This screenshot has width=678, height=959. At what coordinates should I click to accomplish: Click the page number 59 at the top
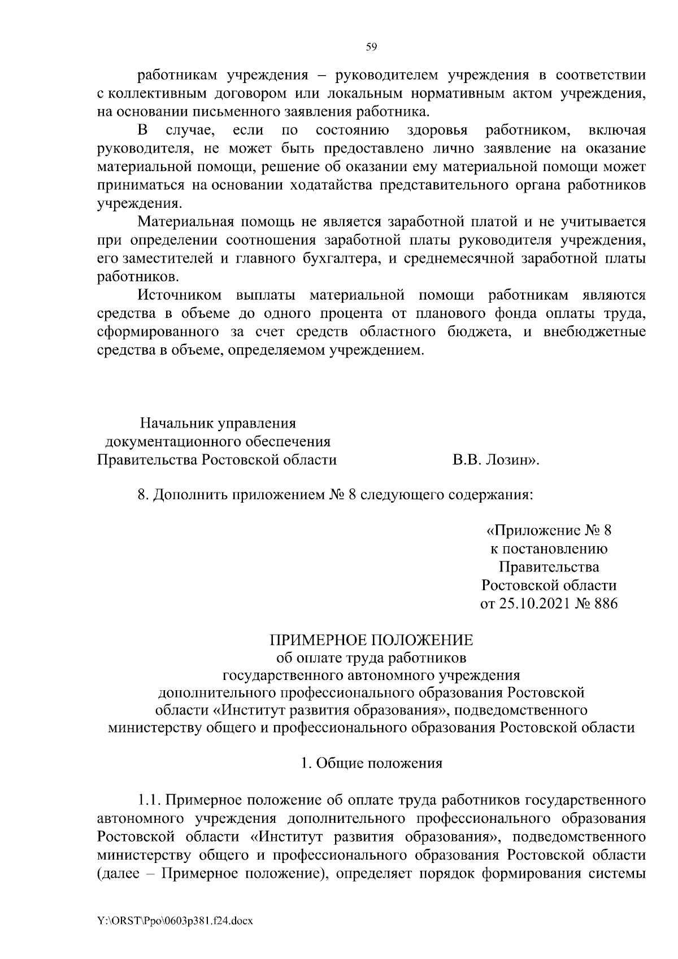pyautogui.click(x=371, y=47)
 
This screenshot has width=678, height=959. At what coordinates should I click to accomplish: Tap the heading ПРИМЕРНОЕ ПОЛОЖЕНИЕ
pyautogui.click(x=371, y=640)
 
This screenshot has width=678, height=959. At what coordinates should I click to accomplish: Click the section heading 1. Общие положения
pyautogui.click(x=371, y=764)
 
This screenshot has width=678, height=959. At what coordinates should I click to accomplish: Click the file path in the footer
pyautogui.click(x=175, y=921)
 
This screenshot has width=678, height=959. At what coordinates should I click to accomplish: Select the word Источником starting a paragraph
pyautogui.click(x=181, y=295)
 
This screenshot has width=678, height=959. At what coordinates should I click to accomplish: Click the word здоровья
pyautogui.click(x=437, y=131)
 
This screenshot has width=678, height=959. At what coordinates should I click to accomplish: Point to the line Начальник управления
pyautogui.click(x=218, y=424)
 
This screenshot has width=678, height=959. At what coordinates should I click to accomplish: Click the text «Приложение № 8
pyautogui.click(x=549, y=531)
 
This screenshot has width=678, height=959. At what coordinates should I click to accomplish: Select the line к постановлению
pyautogui.click(x=549, y=549)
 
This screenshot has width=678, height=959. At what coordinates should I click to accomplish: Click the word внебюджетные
pyautogui.click(x=594, y=332)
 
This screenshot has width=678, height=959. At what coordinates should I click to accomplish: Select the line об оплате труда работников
pyautogui.click(x=371, y=658)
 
